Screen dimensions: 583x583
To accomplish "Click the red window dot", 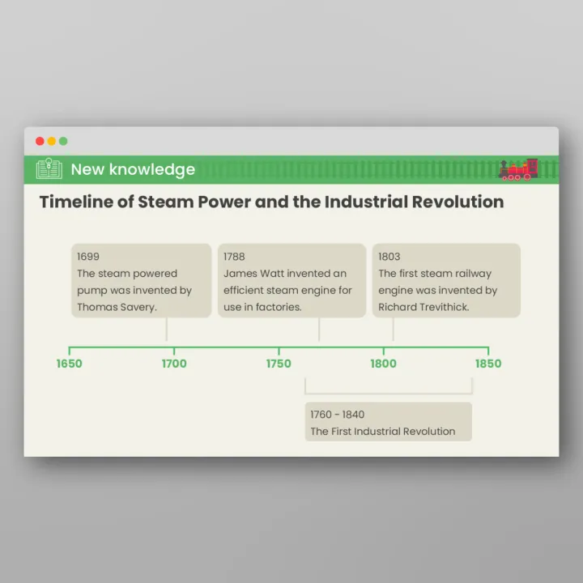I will coord(40,141).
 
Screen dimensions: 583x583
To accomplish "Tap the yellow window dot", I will coord(52,141).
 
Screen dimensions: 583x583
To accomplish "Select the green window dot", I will coord(63,141).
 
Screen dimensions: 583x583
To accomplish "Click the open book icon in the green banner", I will coord(49,169).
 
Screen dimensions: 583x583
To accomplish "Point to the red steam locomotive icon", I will coord(518,169).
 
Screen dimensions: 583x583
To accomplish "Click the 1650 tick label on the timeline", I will coord(69,364).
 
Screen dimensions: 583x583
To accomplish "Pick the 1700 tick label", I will coord(174,364).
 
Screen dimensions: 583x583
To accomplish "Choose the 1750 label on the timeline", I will coord(279,364).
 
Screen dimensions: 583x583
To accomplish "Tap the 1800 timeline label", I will coord(384,364).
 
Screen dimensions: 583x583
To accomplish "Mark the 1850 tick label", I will coord(488,364).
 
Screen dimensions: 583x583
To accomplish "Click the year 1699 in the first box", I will coord(88,257).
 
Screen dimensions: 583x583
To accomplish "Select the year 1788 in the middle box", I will coord(234,257).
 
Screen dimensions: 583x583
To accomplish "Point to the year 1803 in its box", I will coord(389,257).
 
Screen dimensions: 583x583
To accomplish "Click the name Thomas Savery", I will coord(116,307).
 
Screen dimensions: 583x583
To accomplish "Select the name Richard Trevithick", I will coord(423,307).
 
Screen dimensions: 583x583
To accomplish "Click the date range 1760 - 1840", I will coord(337,415).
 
